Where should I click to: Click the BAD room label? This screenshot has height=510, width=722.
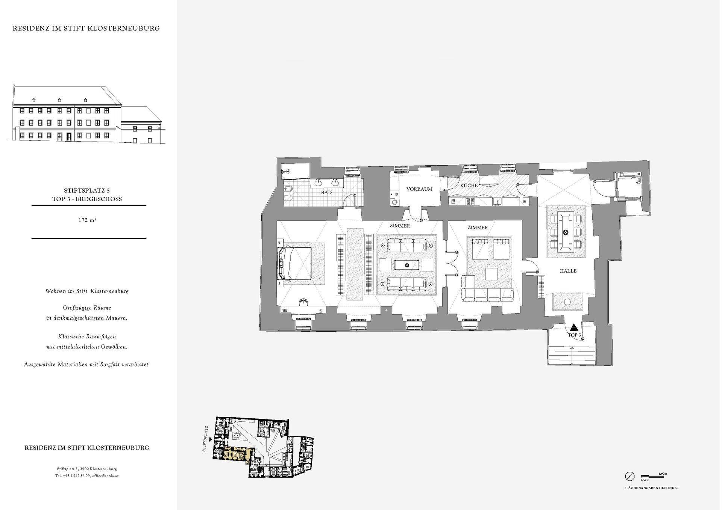pos(326,193)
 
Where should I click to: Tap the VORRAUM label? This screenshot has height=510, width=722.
pos(419,189)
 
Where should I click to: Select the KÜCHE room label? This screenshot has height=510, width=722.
pos(469,186)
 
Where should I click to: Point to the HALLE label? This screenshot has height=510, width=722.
pos(568,271)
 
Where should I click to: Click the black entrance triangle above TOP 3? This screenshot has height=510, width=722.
pos(574,327)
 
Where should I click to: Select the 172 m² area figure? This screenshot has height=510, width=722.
pos(88,220)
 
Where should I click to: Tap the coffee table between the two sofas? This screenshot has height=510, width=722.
pos(407,265)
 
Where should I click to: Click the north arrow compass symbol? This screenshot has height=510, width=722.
pos(629,476)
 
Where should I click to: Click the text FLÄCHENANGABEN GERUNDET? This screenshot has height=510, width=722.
pos(651,488)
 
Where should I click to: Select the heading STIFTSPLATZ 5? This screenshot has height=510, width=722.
pos(87,191)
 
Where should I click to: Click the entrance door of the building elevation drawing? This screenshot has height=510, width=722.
pos(69,137)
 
